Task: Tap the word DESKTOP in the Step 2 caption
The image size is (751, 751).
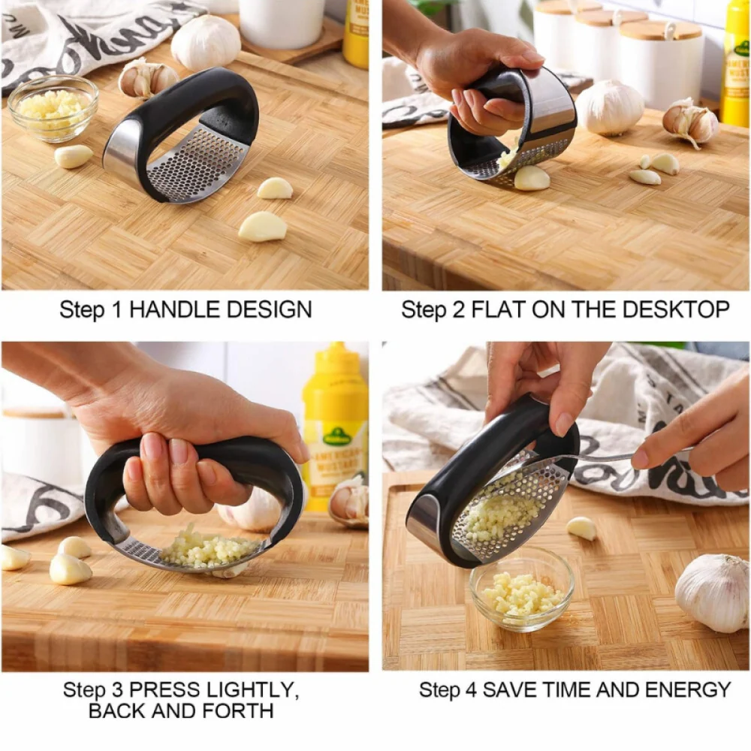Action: (x=676, y=309)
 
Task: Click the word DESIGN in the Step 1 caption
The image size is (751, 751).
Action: (x=269, y=309)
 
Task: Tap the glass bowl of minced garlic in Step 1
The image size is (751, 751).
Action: (x=53, y=109)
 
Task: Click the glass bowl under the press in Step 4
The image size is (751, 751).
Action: (x=522, y=590)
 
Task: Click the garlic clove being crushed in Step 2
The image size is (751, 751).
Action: (x=532, y=177)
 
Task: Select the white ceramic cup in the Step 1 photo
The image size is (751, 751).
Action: (x=282, y=22)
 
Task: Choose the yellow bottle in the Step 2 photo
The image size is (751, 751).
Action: (x=736, y=62)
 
